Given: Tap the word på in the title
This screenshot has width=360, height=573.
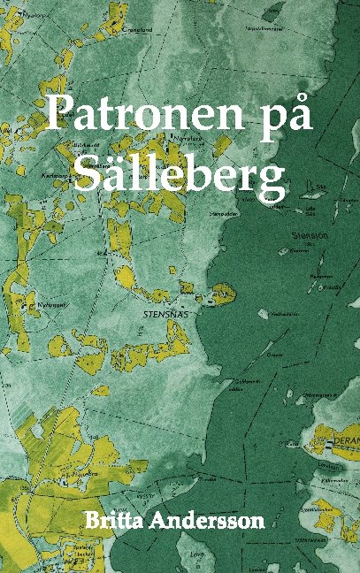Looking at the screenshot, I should pyautogui.click(x=284, y=115).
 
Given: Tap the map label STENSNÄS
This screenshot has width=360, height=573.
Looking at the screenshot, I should pyautogui.click(x=161, y=313).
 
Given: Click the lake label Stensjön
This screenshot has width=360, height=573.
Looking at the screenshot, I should pyautogui.click(x=308, y=236).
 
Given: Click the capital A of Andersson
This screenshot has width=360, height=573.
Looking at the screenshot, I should pyautogui.click(x=169, y=520).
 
